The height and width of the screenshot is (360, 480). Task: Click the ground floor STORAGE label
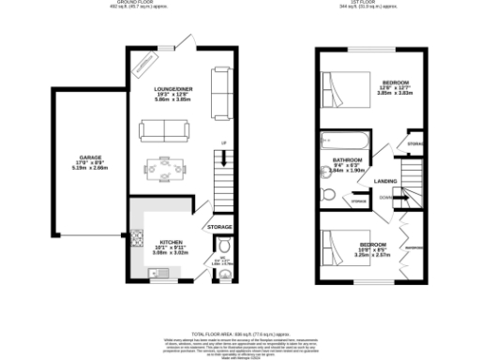pyautogui.click(x=219, y=227)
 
